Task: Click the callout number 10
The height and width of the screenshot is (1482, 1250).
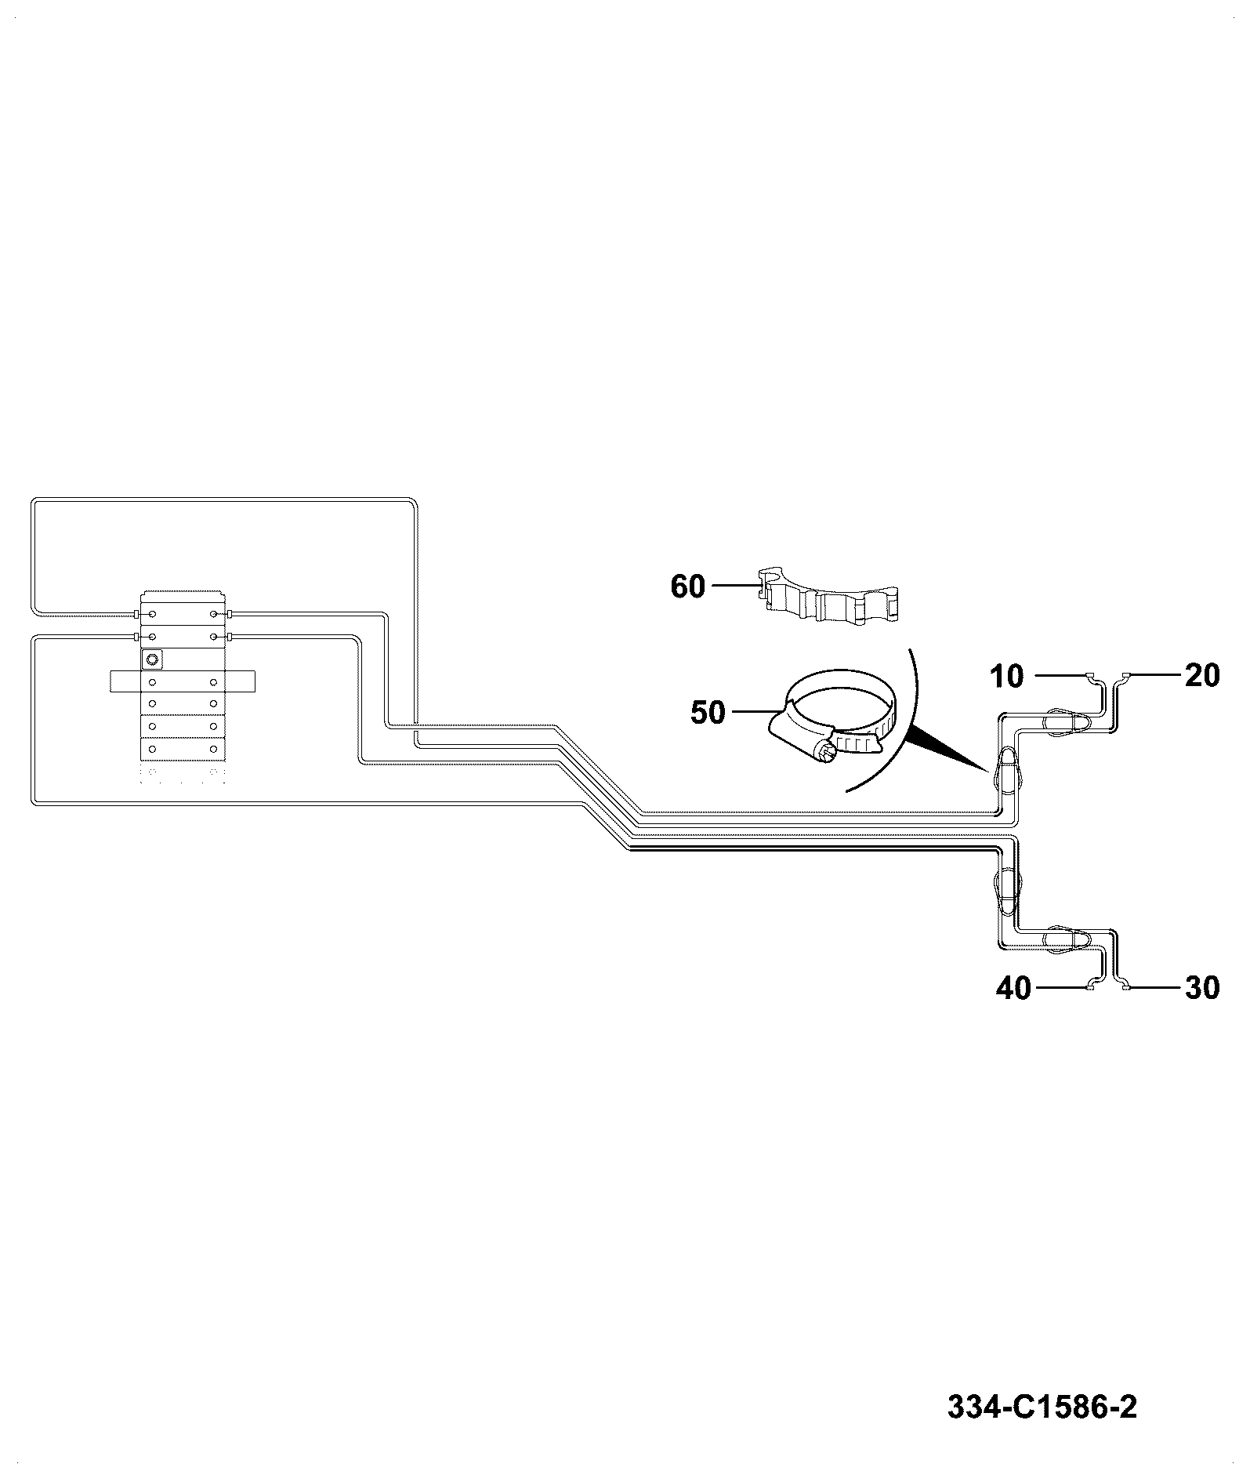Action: [1007, 676]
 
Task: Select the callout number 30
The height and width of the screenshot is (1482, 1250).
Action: [1202, 989]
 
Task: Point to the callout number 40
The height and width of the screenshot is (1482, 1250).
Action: [1013, 989]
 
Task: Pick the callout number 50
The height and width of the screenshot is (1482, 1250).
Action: [708, 713]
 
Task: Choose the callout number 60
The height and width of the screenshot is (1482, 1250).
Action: [688, 587]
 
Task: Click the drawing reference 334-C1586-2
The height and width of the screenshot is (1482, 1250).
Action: [1042, 1408]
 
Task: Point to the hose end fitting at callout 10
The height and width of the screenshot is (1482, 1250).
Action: [1091, 675]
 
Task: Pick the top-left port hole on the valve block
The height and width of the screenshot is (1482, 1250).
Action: [153, 612]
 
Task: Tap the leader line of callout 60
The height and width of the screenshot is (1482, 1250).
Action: [732, 585]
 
